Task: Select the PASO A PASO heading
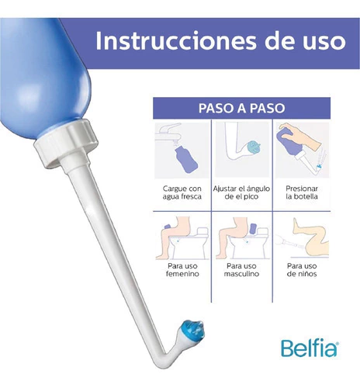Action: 241,108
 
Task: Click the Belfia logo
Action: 310,348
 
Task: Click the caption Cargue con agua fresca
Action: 182,192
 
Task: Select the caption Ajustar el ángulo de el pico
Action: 241,192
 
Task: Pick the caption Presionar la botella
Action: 302,192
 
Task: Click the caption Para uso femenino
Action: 182,270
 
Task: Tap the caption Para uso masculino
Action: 241,270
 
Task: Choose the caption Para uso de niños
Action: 302,270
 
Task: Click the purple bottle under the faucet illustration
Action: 185,161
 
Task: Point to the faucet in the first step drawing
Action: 168,133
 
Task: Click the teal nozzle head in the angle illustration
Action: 254,147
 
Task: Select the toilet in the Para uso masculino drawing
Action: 247,243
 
